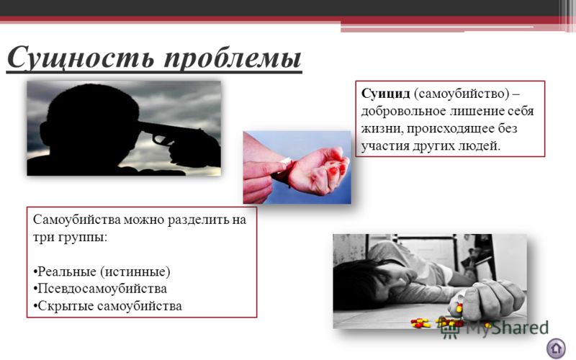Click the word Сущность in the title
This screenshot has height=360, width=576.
click(81, 57)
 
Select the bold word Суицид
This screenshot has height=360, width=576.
click(385, 94)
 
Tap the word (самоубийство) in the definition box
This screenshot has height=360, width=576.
click(462, 94)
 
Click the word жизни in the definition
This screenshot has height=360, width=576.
click(382, 129)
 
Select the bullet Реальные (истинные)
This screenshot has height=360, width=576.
click(102, 272)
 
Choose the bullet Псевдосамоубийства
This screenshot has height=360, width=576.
click(100, 289)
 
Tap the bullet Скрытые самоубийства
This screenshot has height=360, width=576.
click(107, 306)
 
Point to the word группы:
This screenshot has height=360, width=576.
click(83, 238)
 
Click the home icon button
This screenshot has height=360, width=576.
click(556, 348)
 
